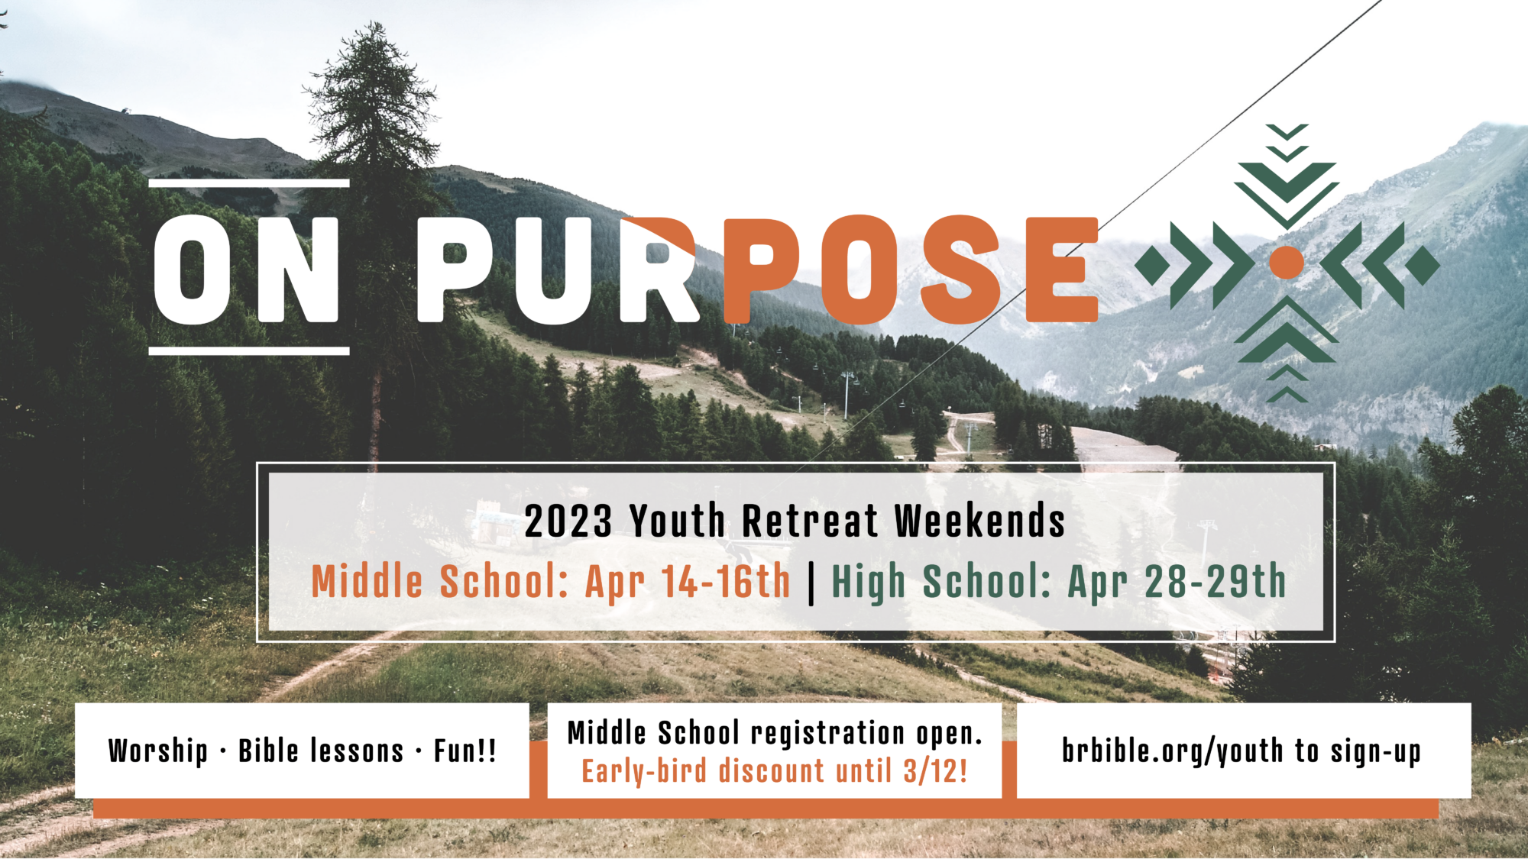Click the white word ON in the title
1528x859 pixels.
click(246, 269)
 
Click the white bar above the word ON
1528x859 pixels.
click(249, 183)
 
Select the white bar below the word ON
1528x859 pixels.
click(249, 351)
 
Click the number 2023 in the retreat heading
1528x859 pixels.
click(568, 522)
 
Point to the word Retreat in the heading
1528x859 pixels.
click(810, 522)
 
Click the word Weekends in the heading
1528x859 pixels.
click(979, 522)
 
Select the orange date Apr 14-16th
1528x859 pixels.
click(688, 583)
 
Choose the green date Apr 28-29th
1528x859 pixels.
click(1177, 583)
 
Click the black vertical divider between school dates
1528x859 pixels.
click(811, 583)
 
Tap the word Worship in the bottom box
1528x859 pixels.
click(158, 751)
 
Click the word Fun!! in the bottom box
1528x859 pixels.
click(465, 751)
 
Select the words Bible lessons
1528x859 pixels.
click(321, 751)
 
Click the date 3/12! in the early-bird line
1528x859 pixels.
click(935, 771)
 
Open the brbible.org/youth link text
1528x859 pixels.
click(1172, 751)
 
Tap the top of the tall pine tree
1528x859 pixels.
click(375, 24)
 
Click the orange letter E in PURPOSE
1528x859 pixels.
click(1062, 269)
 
